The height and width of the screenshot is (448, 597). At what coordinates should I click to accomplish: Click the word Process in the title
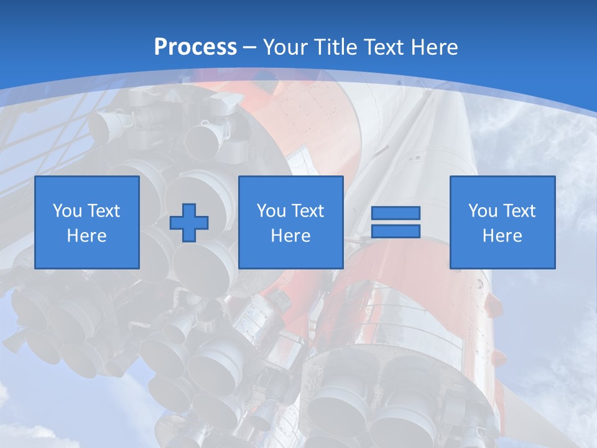pos(195,47)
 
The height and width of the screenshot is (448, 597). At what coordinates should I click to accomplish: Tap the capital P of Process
pos(160,47)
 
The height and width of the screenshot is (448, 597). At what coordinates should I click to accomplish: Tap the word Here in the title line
pos(435,47)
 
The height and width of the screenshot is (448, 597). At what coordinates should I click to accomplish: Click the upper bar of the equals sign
pos(396,213)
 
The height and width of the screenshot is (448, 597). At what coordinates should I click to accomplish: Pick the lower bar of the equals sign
pos(396,231)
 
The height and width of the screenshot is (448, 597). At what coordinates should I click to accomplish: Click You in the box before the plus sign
pos(67,211)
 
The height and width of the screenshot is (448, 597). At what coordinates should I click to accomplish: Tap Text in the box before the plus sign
pos(103,211)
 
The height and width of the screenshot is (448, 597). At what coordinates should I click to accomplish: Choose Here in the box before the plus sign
pos(87,236)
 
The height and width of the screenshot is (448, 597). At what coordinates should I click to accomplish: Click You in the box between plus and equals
pos(271,211)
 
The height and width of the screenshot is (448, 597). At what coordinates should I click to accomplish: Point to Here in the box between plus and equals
pos(291,236)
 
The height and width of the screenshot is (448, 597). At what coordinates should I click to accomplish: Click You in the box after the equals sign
pos(483,211)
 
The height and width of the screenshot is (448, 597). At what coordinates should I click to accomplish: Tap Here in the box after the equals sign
pos(502,236)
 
